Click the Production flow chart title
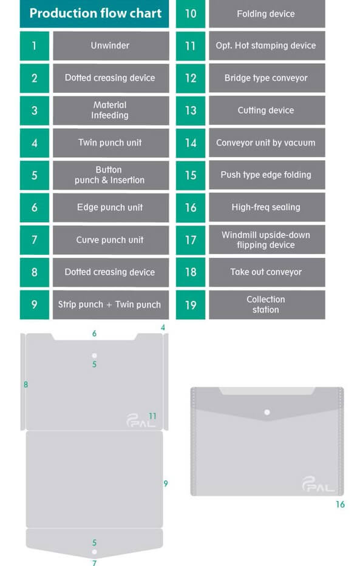pos(95,13)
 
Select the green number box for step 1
pos(35,46)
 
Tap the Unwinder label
pos(110,45)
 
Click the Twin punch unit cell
pos(111,143)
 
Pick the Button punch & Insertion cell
pos(111,175)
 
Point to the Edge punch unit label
pos(110,207)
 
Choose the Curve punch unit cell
pos(111,240)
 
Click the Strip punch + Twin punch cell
pos(111,305)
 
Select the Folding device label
pos(266,14)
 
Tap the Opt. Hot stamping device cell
pos(267,45)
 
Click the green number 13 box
pos(191,110)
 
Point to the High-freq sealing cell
pos(267,207)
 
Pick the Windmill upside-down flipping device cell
pos(267,240)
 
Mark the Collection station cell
pos(267,305)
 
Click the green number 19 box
pos(191,305)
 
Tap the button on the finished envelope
pos(267,413)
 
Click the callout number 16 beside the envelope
pos(340,504)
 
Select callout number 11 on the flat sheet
pos(152,416)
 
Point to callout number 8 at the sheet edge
pos(25,385)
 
